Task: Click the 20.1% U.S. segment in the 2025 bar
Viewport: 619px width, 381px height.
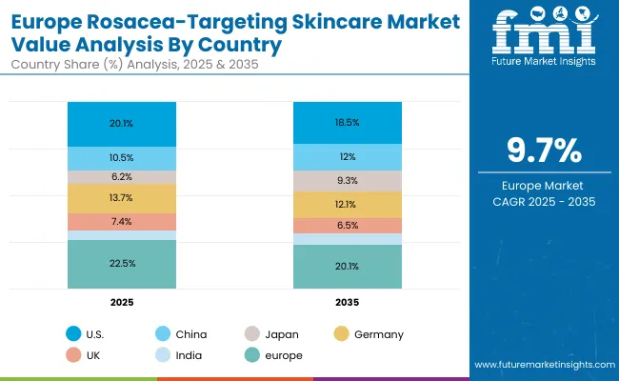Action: click(122, 123)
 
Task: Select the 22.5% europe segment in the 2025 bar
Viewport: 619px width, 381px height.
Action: click(122, 264)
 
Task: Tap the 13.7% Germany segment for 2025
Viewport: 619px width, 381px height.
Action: click(122, 197)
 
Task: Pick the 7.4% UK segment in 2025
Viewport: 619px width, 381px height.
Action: click(122, 221)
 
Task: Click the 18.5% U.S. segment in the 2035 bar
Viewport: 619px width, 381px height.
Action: click(348, 124)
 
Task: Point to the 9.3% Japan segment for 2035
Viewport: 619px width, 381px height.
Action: click(348, 181)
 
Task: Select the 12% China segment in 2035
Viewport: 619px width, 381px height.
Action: click(348, 156)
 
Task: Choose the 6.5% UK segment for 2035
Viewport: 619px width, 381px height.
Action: click(348, 226)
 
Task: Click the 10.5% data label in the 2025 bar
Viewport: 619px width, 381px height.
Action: click(122, 158)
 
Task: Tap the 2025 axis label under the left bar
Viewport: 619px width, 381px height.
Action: click(122, 301)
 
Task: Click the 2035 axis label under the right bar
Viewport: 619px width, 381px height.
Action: click(348, 301)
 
